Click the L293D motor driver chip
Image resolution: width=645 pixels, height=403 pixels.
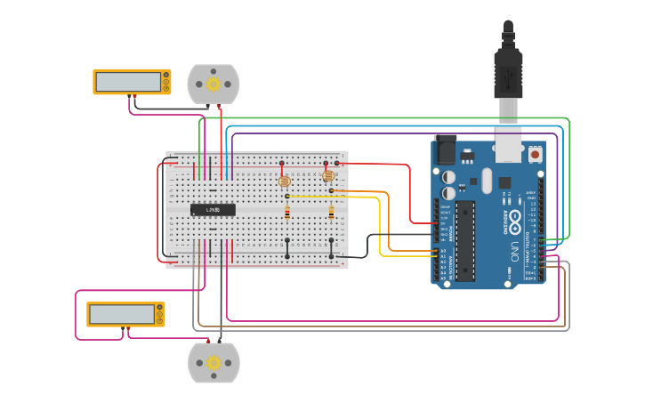pos(214,210)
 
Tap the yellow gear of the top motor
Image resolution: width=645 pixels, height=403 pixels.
pos(214,85)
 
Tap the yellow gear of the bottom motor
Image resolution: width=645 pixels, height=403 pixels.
pos(214,362)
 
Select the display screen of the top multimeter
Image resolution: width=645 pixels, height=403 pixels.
pos(128,81)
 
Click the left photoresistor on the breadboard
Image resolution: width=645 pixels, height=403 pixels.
pos(285,181)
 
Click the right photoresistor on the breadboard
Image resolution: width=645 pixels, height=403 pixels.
pos(328,176)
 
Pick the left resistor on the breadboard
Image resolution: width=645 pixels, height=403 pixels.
pos(287,213)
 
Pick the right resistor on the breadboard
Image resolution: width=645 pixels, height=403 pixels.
pos(332,213)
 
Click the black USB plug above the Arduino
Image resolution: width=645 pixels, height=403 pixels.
pos(508,71)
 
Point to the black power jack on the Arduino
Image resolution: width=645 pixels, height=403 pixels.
pos(444,149)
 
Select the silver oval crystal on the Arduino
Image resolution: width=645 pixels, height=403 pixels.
pos(487,181)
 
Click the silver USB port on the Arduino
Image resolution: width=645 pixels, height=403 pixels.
pos(508,144)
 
